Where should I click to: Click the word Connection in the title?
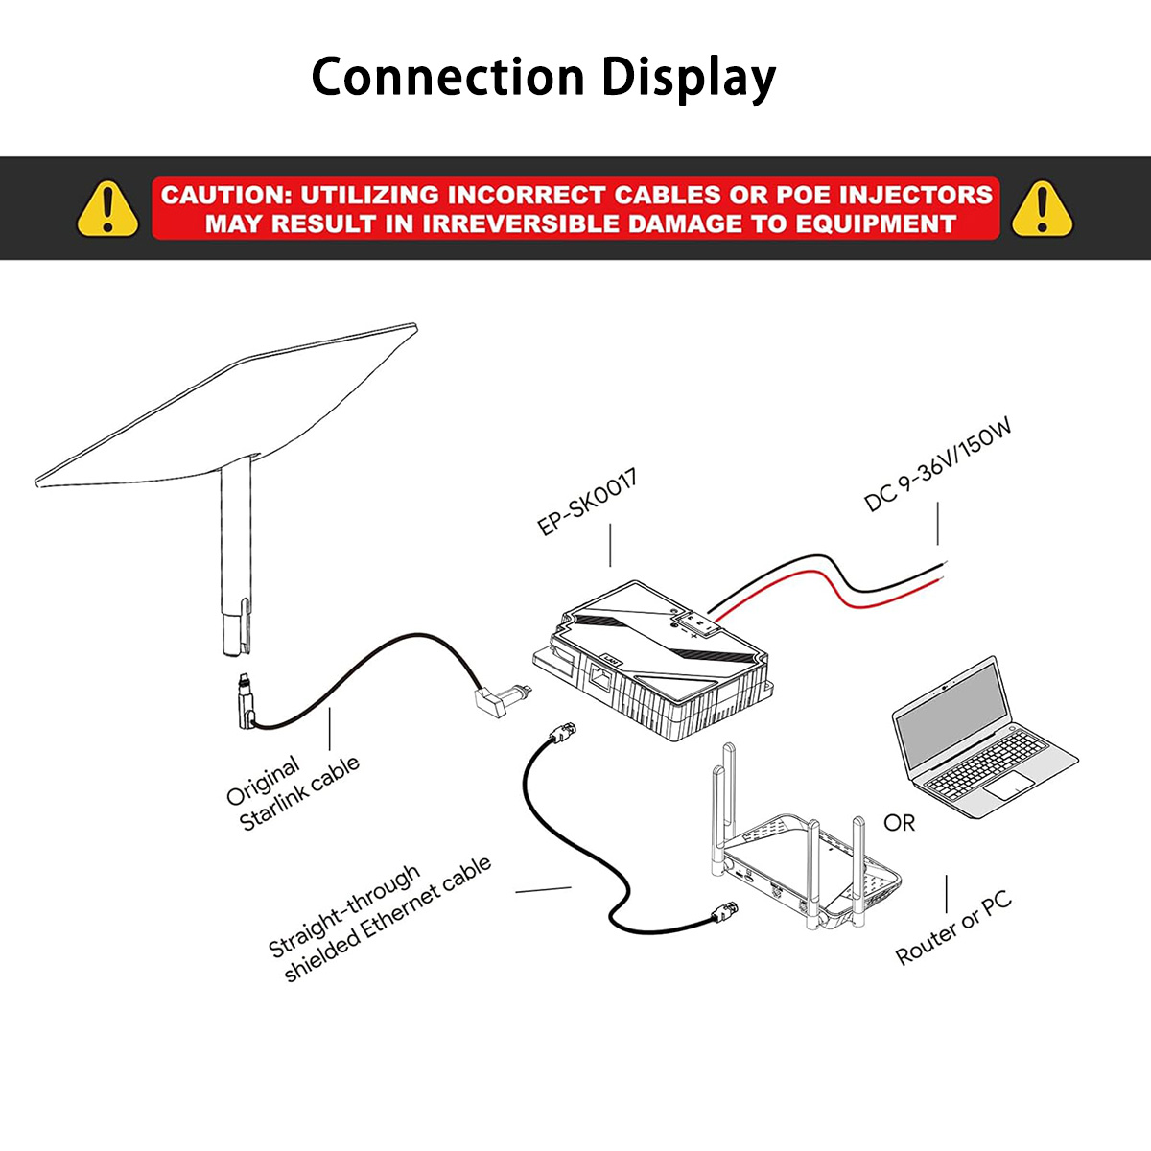447,77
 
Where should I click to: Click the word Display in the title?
689,79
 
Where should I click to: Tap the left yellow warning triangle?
107,208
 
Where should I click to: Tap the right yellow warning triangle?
1042,208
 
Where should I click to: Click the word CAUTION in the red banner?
223,195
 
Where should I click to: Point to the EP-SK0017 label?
587,502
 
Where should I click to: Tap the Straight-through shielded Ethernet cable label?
379,919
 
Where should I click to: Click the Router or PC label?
953,928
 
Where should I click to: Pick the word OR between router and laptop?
899,823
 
